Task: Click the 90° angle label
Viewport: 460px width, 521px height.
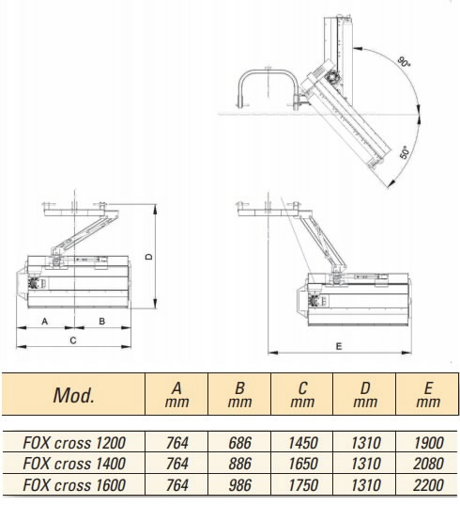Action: coord(405,62)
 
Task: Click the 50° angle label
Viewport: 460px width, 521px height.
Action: coord(405,152)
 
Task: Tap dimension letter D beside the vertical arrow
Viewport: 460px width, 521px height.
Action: coord(149,257)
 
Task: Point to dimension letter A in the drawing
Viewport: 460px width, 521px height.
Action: coord(45,322)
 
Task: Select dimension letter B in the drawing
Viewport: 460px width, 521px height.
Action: coord(102,322)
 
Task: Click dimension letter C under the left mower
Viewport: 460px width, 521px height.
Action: coord(73,340)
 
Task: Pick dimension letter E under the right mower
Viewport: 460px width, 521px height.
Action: coord(339,347)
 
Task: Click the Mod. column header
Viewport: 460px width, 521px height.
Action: coord(73,395)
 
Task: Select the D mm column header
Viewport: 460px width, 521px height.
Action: coord(365,395)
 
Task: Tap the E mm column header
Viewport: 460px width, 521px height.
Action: coord(428,395)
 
